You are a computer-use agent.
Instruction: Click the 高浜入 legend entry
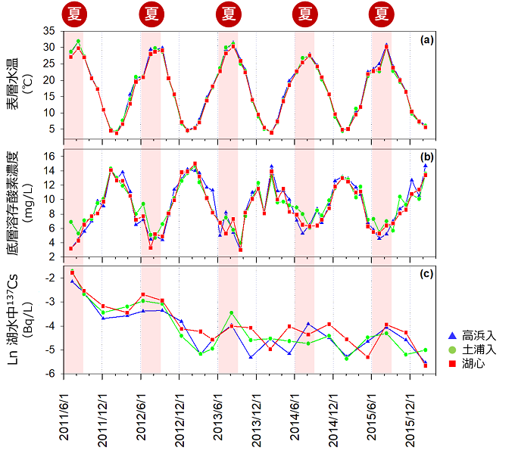(x=474, y=335)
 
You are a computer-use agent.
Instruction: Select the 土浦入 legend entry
(x=474, y=349)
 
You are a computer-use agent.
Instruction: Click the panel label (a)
(x=425, y=39)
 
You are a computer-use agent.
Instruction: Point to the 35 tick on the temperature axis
(x=50, y=31)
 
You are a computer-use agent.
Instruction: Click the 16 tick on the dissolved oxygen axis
(x=50, y=156)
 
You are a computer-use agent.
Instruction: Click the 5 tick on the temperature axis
(x=53, y=129)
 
